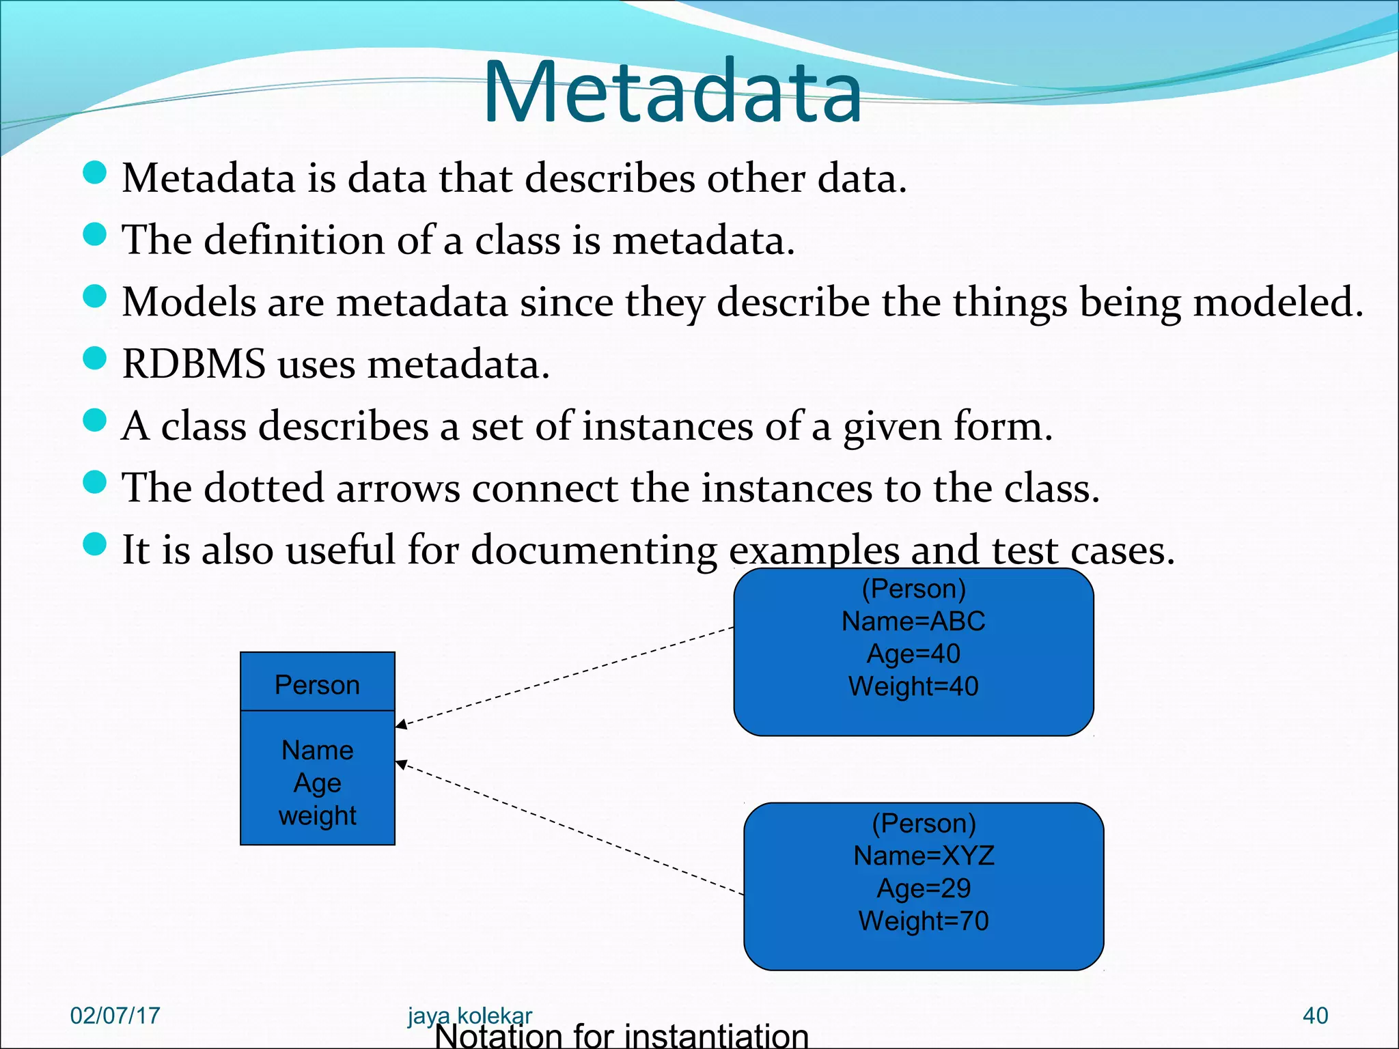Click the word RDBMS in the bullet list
194,364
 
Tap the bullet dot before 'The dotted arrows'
95,482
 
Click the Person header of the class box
317,685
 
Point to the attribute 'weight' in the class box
317,815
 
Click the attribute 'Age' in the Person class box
317,783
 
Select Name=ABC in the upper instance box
913,621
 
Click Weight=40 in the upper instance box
913,686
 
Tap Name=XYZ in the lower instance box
924,856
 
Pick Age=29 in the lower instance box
924,889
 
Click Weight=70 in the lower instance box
924,921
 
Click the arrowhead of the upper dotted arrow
402,724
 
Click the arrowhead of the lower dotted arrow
402,764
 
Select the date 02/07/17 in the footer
115,1016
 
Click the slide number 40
1315,1016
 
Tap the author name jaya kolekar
469,1015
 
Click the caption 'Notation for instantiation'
622,1035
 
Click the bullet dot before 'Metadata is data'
95,173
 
